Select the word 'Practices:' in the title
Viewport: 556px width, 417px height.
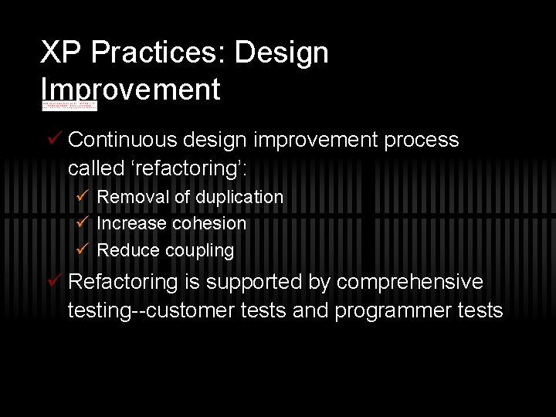tap(154, 53)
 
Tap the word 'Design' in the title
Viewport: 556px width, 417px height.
tap(282, 53)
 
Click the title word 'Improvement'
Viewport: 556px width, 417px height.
tap(131, 89)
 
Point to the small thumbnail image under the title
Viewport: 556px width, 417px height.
tap(69, 105)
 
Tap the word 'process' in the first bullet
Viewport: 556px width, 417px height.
tap(421, 140)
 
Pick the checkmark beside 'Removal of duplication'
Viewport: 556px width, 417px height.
tap(84, 197)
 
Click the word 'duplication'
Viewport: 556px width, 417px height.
tap(239, 197)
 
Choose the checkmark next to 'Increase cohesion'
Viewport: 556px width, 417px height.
tap(84, 223)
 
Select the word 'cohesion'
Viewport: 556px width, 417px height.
tap(210, 223)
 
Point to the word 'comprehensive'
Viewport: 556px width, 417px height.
tap(409, 283)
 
